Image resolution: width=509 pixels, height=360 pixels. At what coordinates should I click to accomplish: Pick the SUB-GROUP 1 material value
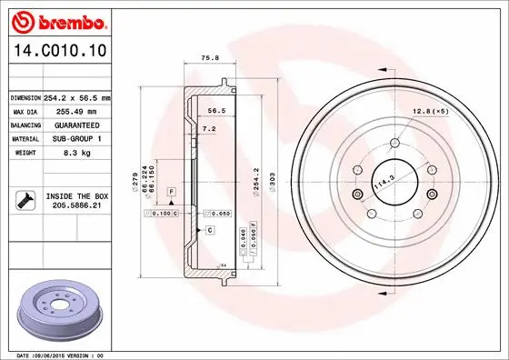77,138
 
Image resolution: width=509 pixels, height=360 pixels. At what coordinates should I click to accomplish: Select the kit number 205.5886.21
77,206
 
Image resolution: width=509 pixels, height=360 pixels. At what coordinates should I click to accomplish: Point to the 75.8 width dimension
207,61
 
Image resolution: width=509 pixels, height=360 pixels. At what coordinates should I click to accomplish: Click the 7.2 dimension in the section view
209,130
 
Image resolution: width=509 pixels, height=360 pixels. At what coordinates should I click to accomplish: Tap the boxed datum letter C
209,231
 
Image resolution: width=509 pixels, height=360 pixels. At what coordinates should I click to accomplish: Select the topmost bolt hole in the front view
396,141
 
